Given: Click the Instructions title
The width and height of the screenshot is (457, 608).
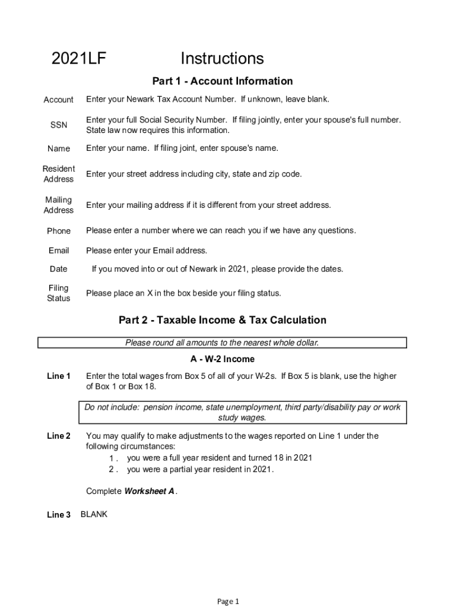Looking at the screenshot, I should pos(222,59).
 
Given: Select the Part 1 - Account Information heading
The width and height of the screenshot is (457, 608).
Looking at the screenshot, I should pos(223,81).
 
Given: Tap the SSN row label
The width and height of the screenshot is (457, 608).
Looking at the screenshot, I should pos(59,125).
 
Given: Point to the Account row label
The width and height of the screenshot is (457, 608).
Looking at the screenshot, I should pos(59,100).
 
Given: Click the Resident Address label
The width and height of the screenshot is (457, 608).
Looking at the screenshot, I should pos(59,174).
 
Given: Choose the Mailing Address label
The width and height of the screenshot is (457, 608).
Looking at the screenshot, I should pos(59,205).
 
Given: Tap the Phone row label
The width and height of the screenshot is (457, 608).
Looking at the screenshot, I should pos(59,231).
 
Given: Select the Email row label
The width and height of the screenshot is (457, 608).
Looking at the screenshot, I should pos(59,251).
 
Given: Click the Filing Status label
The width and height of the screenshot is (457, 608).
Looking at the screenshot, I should pos(59,293).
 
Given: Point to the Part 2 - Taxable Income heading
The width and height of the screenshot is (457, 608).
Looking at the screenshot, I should pos(223,320).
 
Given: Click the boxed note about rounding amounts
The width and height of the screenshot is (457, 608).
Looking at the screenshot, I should pos(222,343).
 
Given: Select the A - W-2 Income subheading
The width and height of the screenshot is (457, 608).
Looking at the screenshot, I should pos(223,359).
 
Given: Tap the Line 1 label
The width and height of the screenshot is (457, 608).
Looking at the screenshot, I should pos(59,376).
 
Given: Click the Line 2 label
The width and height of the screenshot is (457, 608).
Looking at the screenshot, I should pos(59,436).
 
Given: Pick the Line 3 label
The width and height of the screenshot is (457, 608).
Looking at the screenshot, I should pos(59,515).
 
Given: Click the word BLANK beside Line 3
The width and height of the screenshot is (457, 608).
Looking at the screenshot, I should pos(94,514).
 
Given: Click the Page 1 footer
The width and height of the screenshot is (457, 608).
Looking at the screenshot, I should pos(228,601).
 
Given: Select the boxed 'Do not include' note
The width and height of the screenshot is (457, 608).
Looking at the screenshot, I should pos(242,413).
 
